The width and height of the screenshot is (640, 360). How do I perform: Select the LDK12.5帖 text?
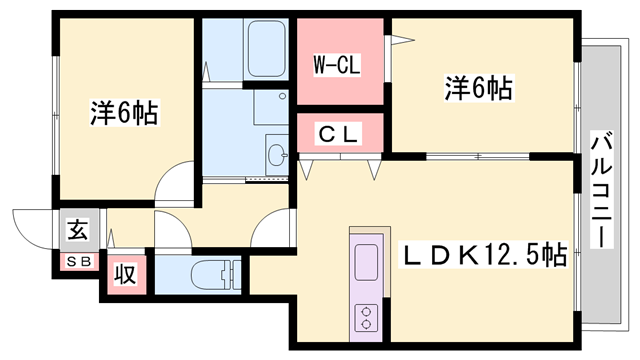[x=484, y=257]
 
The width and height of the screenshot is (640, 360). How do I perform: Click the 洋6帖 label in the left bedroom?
[x=124, y=112]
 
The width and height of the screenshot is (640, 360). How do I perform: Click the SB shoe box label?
[x=77, y=262]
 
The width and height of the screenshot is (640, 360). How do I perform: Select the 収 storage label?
[x=124, y=273]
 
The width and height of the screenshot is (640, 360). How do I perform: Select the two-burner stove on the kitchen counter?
[x=366, y=317]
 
